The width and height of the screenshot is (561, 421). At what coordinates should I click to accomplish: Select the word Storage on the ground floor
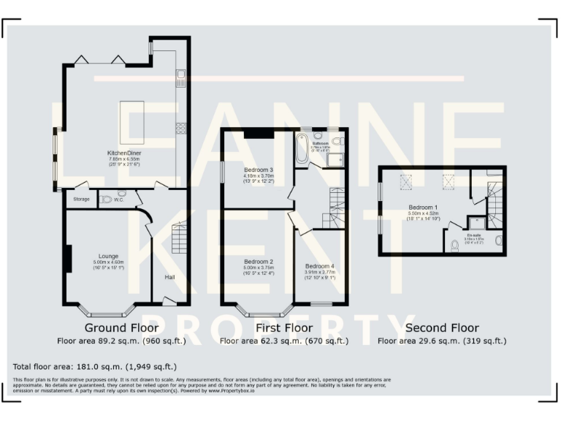point(81,199)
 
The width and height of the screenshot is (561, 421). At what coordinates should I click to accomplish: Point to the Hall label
point(169,277)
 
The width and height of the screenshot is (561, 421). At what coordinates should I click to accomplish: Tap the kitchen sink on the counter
point(180,75)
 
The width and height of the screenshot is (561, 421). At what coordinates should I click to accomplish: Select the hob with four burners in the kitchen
point(180,128)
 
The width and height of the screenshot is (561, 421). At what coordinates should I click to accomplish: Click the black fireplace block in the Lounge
point(68,258)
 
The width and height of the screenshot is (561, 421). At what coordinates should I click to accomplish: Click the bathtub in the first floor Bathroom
point(302,148)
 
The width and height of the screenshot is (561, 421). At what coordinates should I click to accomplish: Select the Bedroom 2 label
point(259,261)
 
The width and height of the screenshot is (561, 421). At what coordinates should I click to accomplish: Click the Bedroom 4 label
point(320,266)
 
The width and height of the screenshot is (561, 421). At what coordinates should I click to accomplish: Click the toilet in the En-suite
point(454,244)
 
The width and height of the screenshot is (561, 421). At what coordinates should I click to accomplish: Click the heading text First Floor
point(267,327)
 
